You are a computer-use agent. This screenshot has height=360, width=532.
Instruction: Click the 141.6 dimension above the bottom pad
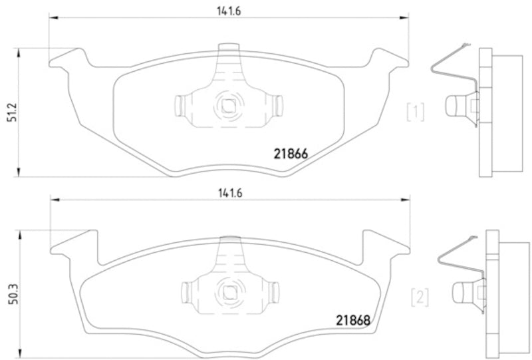(227, 194)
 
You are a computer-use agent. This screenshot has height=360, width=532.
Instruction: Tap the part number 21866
(290, 154)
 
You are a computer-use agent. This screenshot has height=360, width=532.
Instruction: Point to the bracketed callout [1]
(416, 112)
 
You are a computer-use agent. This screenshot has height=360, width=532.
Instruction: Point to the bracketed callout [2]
(420, 295)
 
